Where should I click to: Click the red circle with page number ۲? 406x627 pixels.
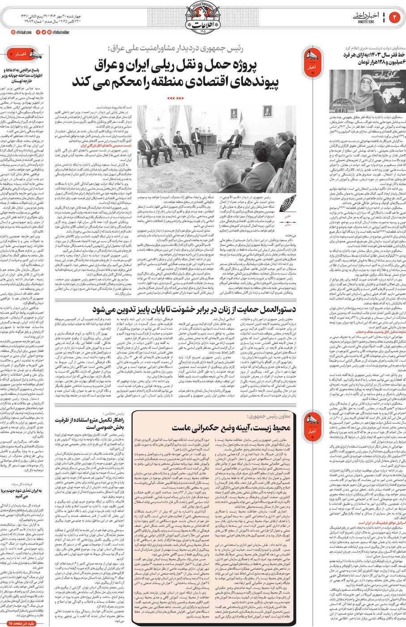tap(396, 17)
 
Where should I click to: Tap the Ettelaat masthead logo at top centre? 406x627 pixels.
tap(202, 18)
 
